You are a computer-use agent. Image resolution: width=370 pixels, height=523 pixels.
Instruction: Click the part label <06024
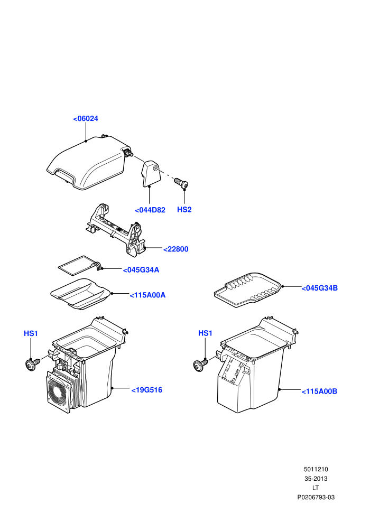86,118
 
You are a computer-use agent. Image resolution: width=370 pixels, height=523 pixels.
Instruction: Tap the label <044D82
150,210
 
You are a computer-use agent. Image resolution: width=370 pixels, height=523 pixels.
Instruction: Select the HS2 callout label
184,210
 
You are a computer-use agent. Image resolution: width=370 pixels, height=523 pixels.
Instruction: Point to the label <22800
176,249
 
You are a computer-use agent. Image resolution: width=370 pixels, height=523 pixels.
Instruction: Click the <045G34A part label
141,270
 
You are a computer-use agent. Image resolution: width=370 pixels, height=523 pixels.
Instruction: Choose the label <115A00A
147,295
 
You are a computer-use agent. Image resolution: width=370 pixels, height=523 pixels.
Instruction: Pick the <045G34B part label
320,288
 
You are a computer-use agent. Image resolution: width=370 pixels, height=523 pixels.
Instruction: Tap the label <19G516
147,390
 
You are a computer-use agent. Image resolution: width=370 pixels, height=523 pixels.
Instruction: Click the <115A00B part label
319,391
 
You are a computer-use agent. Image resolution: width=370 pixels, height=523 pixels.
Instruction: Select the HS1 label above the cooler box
31,333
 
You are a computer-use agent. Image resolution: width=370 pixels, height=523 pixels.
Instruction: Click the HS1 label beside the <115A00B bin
205,333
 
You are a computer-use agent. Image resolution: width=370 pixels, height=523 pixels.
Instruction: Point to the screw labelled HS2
181,182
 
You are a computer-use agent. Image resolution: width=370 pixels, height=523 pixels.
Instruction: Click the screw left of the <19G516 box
32,364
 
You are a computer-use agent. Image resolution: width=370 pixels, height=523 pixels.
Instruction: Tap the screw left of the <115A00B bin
200,365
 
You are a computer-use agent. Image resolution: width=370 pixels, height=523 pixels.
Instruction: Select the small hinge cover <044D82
151,173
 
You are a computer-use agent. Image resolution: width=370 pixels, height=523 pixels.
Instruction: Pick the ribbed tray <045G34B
248,289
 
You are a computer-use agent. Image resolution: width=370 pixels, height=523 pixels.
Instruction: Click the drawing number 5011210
316,469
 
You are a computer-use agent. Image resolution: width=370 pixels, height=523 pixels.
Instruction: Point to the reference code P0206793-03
316,497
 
